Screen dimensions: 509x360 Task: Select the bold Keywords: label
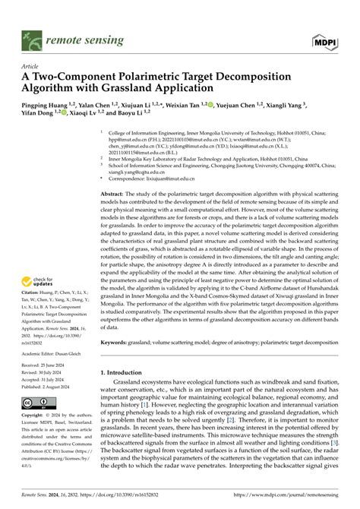point(117,342)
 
